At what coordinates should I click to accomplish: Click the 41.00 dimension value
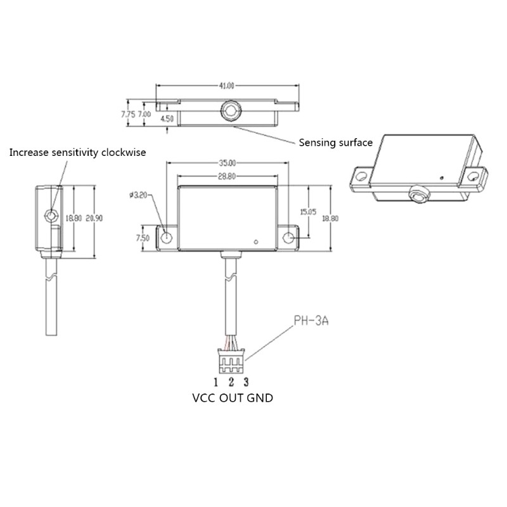(x=227, y=85)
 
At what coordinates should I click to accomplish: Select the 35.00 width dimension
(x=227, y=163)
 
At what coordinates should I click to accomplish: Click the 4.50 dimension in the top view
(x=167, y=119)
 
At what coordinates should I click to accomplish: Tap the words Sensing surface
(x=335, y=143)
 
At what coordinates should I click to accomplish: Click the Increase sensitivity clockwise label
(x=77, y=153)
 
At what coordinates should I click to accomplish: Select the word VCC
(x=203, y=399)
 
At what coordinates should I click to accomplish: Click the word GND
(x=260, y=399)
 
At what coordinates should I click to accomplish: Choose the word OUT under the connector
(x=231, y=399)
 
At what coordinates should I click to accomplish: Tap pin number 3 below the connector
(x=246, y=382)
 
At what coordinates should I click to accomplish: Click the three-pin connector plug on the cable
(x=231, y=363)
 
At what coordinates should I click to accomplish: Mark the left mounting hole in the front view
(x=167, y=238)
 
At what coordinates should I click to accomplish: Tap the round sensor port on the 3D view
(x=418, y=194)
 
